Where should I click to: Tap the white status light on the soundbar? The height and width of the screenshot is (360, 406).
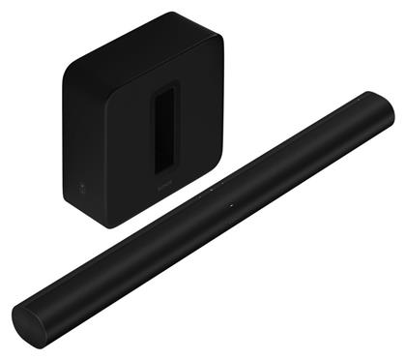point(232,207)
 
